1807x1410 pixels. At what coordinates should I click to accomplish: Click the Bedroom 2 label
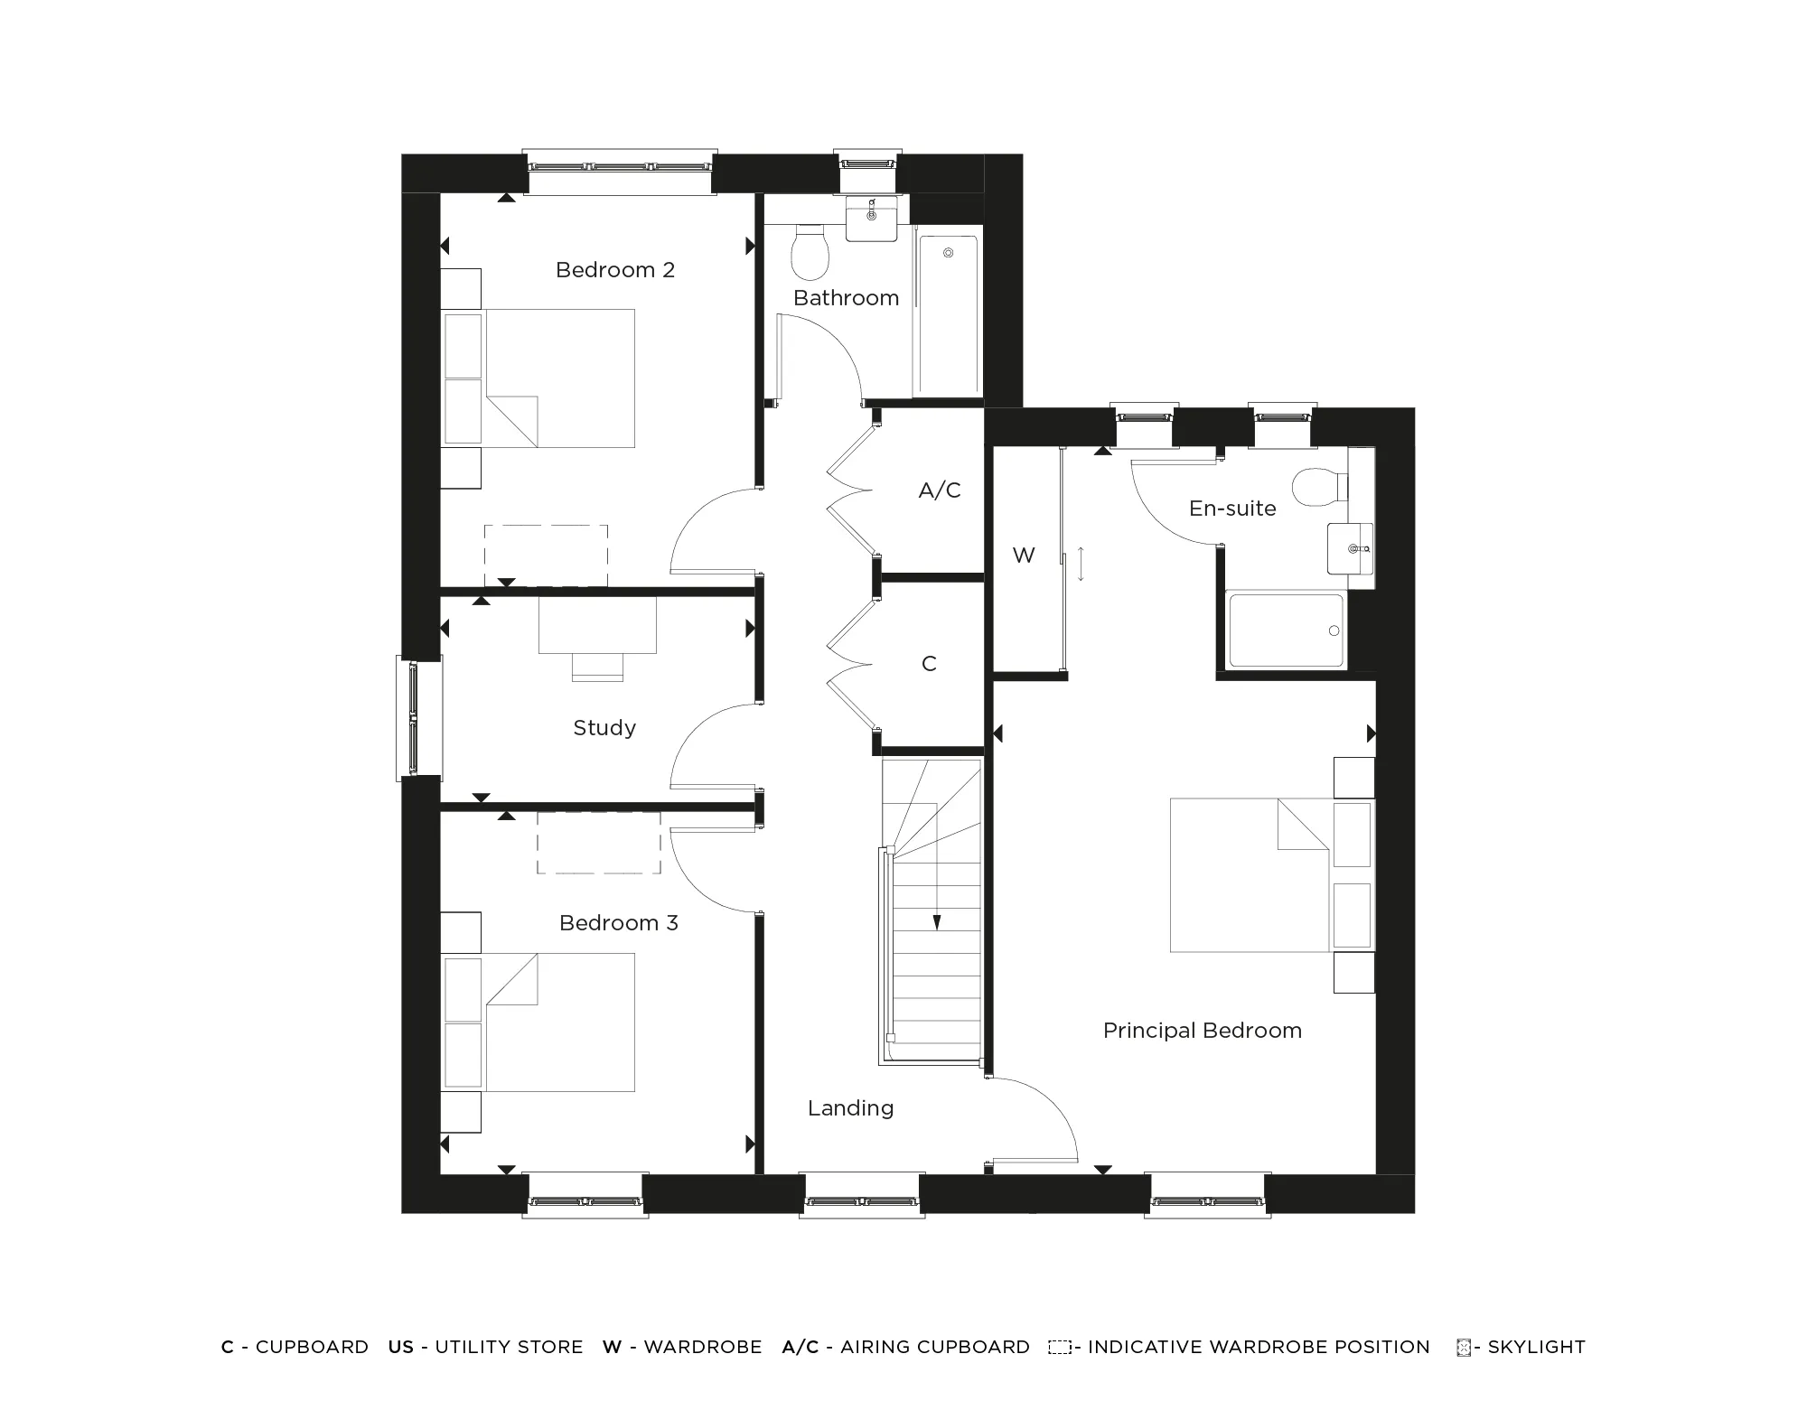[x=614, y=270]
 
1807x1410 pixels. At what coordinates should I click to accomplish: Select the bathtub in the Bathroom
[x=948, y=313]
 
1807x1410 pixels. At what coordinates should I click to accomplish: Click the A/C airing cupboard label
[x=939, y=490]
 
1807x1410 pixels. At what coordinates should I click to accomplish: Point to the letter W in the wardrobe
[x=1023, y=556]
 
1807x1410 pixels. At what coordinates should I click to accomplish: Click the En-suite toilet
[x=1317, y=488]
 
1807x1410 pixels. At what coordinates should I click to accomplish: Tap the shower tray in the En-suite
[x=1285, y=630]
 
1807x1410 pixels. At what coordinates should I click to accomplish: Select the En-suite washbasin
[x=1350, y=548]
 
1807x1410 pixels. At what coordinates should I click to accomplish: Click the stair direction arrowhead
[x=937, y=922]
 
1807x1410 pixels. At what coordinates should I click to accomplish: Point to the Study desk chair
[x=597, y=667]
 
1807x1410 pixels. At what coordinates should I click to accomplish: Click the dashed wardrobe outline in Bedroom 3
[x=598, y=842]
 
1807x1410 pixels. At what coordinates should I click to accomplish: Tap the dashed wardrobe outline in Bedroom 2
[x=546, y=556]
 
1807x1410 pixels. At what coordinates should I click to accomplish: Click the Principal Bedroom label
[x=1202, y=1031]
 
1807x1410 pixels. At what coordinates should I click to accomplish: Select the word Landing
[x=850, y=1108]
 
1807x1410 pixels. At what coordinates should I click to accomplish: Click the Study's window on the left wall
[x=414, y=719]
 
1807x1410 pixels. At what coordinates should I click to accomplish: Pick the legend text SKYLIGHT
[x=1536, y=1347]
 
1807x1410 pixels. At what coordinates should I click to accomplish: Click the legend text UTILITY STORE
[x=509, y=1347]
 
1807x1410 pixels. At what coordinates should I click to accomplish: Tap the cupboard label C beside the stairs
[x=929, y=664]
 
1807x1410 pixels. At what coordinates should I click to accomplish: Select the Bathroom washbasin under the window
[x=871, y=219]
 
